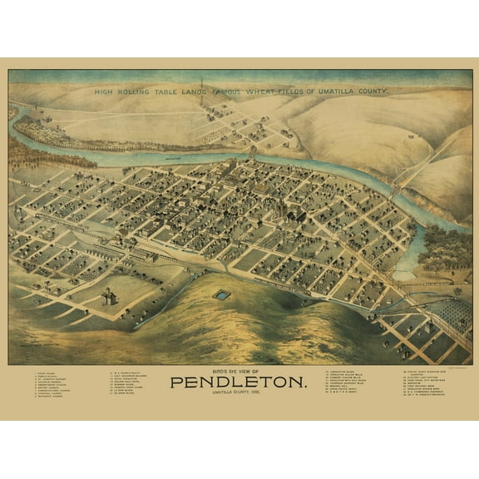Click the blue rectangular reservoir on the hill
click(x=222, y=294)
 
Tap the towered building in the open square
click(x=107, y=296)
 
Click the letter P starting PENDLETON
click(x=175, y=383)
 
